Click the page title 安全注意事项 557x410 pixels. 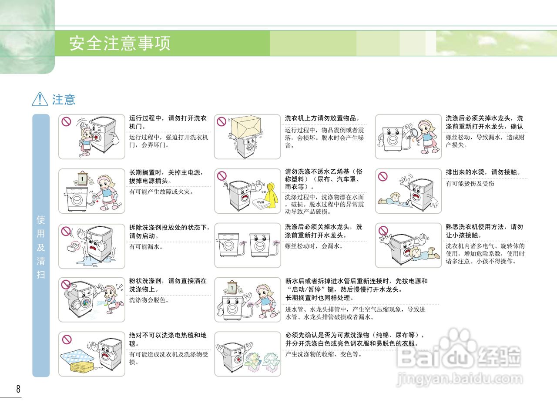[120, 44]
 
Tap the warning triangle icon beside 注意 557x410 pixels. [40, 99]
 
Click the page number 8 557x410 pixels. [18, 389]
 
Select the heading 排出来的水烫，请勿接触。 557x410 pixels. [483, 172]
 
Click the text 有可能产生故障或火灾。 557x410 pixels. [161, 192]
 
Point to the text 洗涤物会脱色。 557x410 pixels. [149, 300]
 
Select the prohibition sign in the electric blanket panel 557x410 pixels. [66, 339]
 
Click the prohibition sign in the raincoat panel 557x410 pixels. [222, 176]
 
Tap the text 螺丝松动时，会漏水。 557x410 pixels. [314, 246]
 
